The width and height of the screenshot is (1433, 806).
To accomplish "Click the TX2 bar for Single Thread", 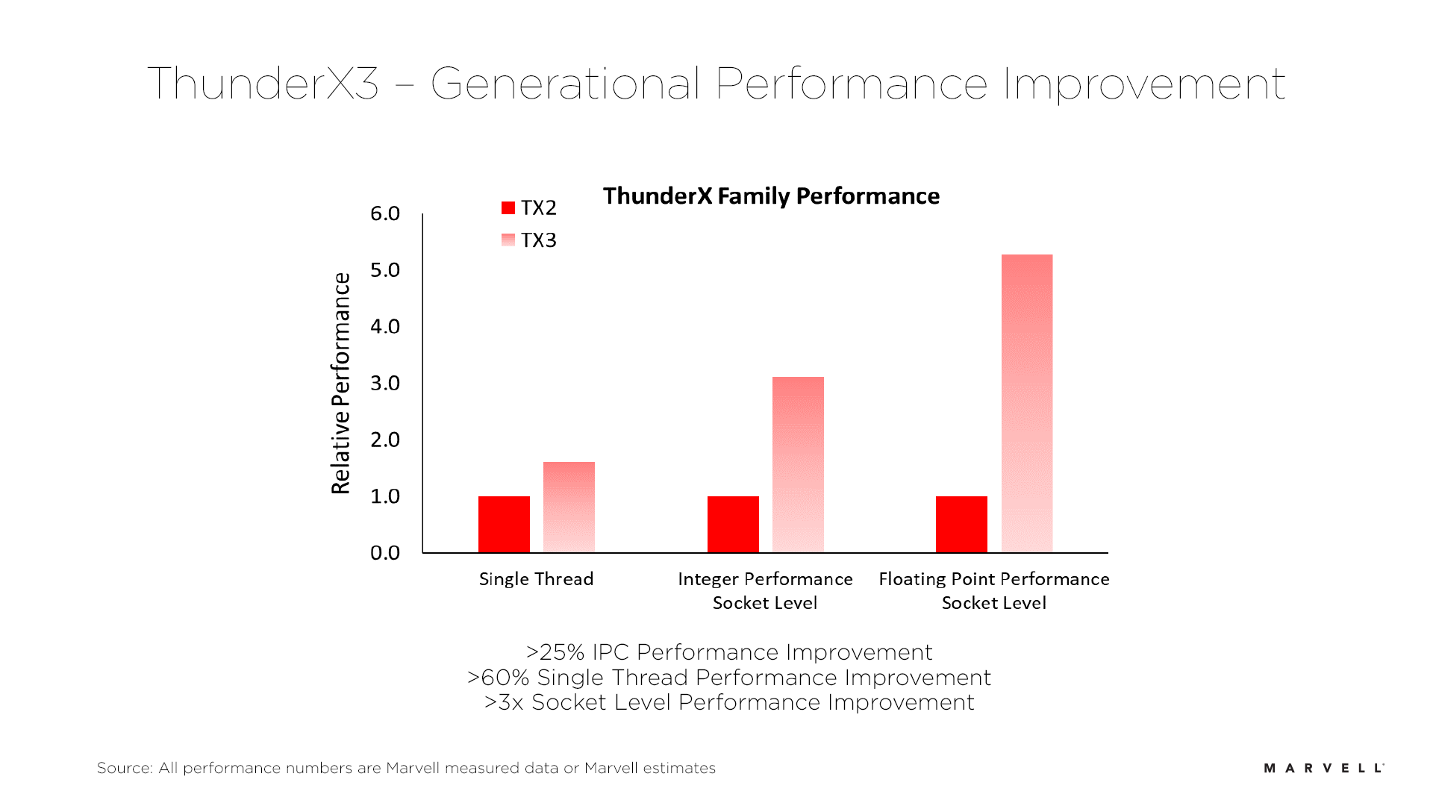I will [x=504, y=524].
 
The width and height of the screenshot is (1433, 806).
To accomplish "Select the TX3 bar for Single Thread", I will [x=569, y=507].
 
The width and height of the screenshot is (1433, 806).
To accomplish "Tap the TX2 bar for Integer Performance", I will [x=733, y=524].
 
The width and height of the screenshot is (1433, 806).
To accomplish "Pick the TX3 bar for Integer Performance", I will [x=798, y=464].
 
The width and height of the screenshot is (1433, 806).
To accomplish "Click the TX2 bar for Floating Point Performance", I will [x=961, y=524].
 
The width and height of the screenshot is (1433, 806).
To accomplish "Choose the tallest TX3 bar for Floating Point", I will [x=1027, y=403].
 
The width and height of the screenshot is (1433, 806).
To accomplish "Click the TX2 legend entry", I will [x=529, y=207].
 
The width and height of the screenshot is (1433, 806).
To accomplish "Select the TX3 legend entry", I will [x=529, y=240].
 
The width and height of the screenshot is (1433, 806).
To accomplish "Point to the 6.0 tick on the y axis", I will [x=385, y=213].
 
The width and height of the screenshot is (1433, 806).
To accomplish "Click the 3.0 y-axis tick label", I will [x=385, y=383].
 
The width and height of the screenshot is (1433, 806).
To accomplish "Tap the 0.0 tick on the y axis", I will [x=385, y=553].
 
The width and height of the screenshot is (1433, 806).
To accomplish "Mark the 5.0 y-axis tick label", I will [x=385, y=270].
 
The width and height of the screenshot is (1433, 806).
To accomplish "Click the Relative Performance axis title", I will [x=340, y=383].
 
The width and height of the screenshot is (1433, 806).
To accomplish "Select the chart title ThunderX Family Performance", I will [x=771, y=196].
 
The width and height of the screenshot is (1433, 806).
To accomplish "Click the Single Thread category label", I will [x=536, y=579].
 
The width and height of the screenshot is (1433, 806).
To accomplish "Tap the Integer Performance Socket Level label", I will [x=765, y=590].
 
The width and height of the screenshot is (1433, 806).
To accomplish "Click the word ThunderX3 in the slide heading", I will [x=263, y=83].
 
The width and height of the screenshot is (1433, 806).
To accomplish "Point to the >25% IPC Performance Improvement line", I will [x=728, y=652].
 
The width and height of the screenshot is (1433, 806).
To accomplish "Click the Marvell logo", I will [x=1323, y=768].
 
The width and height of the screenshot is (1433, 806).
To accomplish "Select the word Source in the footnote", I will [x=124, y=768].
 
